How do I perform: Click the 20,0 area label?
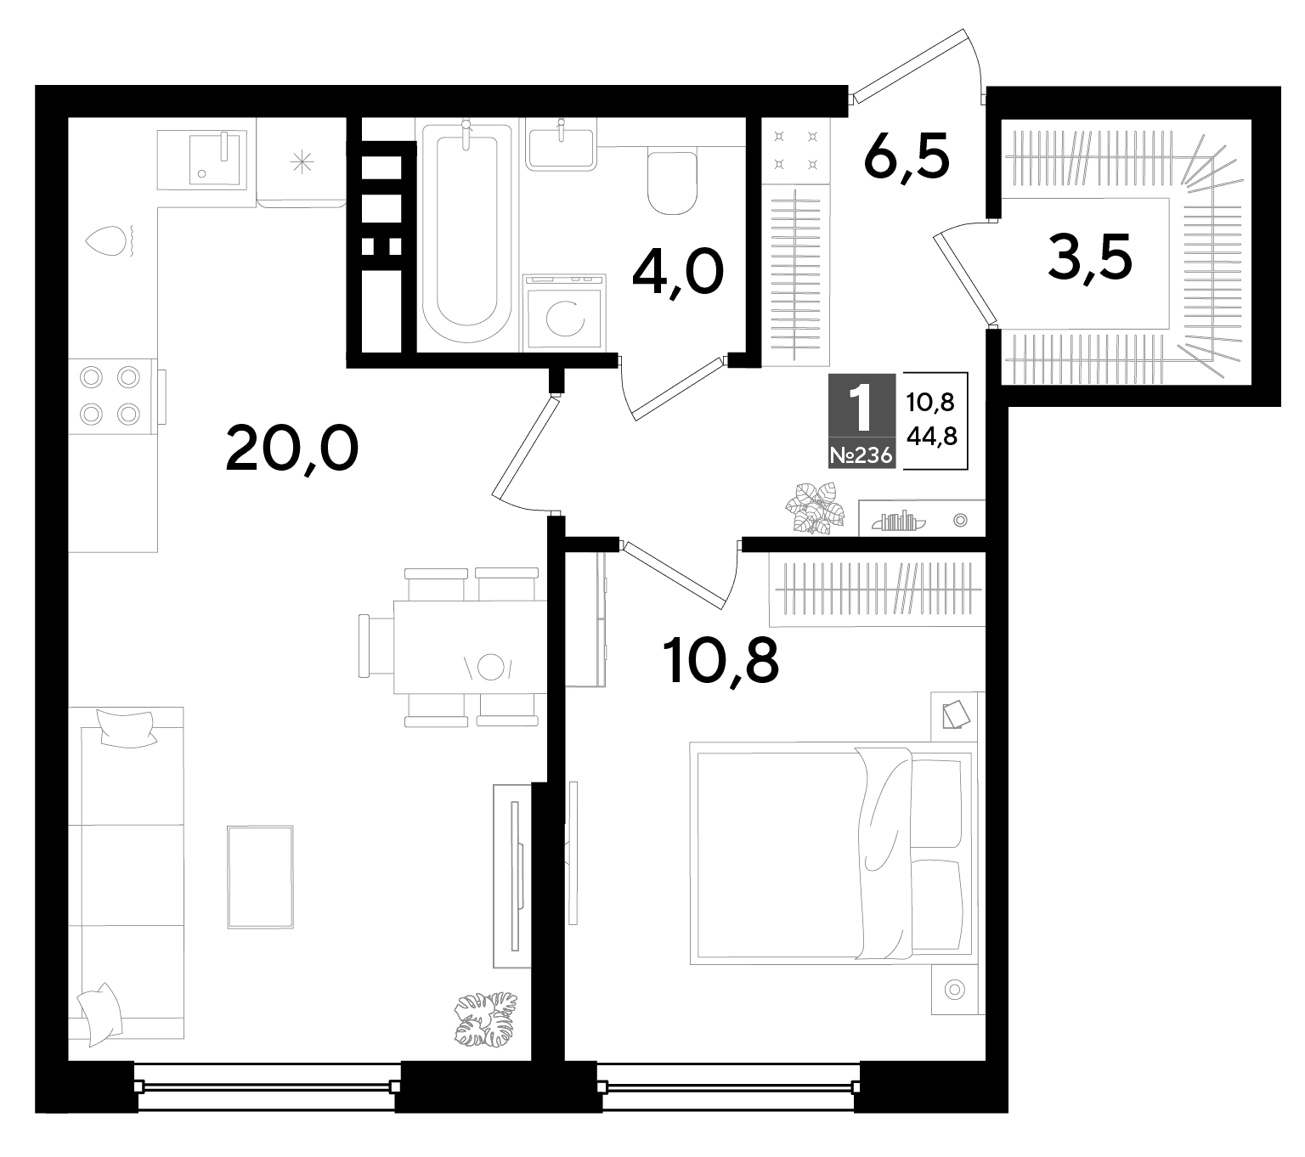(x=291, y=449)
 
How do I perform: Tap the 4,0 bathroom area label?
(x=678, y=274)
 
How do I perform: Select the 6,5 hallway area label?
(x=907, y=158)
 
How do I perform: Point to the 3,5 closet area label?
(x=1090, y=258)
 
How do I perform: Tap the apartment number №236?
(x=862, y=455)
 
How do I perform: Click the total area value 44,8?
(x=931, y=436)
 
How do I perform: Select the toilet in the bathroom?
(x=672, y=183)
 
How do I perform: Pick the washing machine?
(x=564, y=313)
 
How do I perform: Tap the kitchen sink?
(x=214, y=158)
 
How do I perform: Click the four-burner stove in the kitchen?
(x=110, y=396)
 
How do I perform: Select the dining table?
(x=470, y=646)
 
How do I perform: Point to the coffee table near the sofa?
(x=260, y=877)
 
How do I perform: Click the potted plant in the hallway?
(x=815, y=508)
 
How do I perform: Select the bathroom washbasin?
(x=561, y=148)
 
